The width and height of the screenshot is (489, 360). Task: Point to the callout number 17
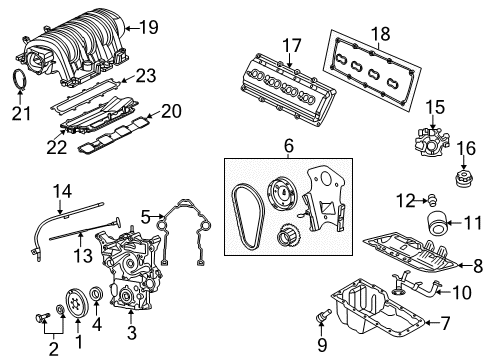291,45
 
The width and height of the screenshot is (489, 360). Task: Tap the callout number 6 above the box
288,145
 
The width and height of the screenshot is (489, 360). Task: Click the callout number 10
462,292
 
